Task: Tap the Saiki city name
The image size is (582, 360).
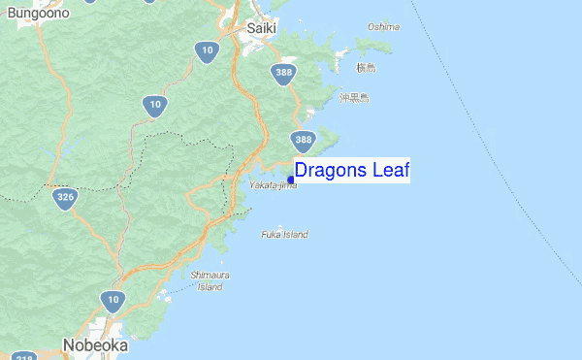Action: coord(261,28)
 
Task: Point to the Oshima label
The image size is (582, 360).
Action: coord(383,26)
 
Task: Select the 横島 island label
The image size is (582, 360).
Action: coord(365,67)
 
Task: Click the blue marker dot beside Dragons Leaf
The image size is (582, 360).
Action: coord(291,180)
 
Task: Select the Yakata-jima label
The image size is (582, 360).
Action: coord(273,184)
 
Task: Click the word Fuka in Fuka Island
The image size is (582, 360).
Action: coord(273,234)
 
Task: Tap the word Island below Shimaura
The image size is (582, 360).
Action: coord(210,286)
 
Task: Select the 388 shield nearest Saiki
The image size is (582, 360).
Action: coord(283,74)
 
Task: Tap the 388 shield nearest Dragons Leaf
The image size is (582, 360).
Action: coord(304,142)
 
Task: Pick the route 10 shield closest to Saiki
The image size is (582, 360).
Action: coord(205,51)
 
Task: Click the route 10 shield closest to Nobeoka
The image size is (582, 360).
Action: coord(113,301)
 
